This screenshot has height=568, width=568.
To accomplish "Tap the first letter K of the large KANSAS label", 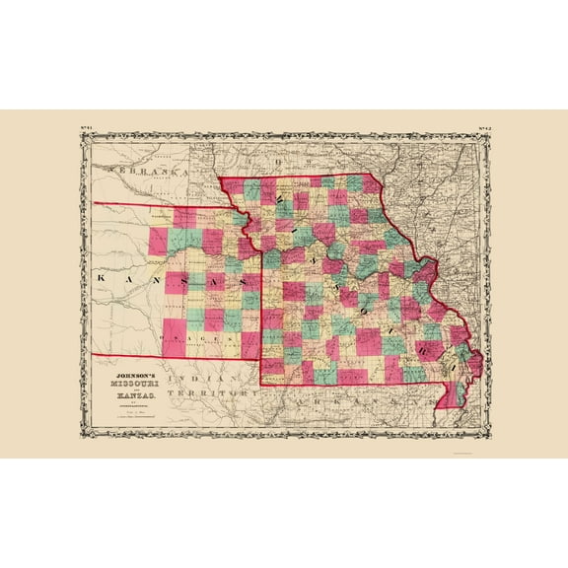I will [102, 280].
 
